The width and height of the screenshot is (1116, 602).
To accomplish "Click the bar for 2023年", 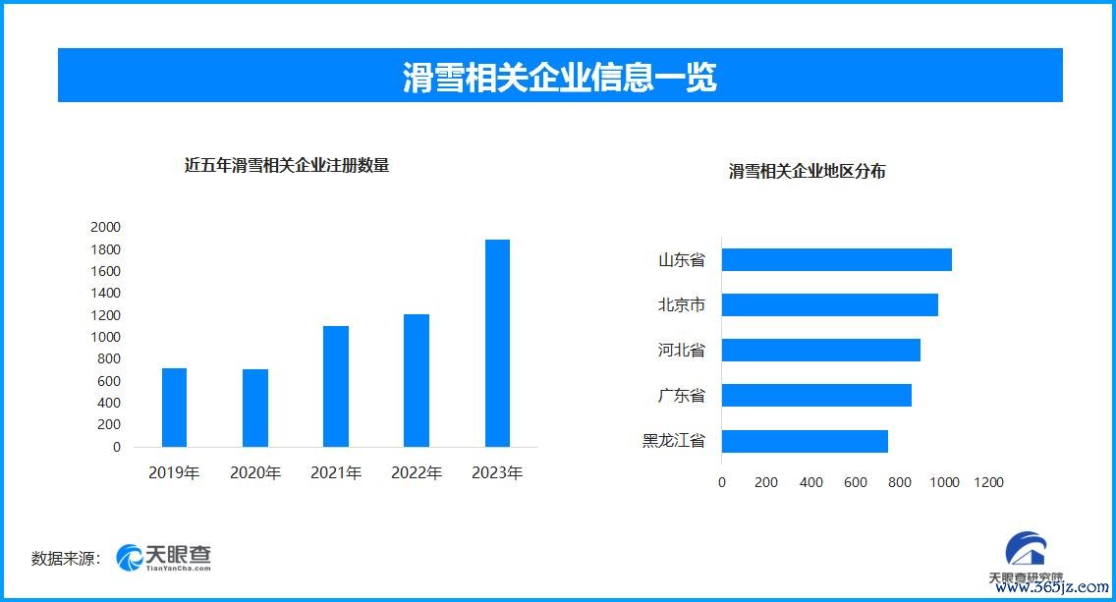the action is (497, 343).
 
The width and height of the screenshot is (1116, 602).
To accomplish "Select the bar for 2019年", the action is (175, 408).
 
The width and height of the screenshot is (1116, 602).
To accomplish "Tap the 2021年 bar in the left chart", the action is (336, 386).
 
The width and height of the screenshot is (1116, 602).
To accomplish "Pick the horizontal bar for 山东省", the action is (836, 259).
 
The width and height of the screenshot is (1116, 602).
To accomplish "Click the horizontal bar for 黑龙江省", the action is (805, 441).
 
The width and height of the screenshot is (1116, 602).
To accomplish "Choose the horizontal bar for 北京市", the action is (830, 305).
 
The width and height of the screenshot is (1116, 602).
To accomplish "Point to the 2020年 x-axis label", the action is (255, 472).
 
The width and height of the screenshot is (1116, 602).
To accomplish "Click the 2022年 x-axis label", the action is (417, 472).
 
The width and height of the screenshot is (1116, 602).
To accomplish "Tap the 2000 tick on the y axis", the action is (105, 227).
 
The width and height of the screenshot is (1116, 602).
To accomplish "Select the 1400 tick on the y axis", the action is (105, 293).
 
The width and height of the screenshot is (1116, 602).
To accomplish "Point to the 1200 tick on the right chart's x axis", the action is (988, 482).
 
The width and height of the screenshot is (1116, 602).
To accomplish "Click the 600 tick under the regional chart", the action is (855, 482).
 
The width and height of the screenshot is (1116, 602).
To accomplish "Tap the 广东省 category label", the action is (681, 396).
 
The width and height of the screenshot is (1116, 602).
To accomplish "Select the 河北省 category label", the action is (681, 350).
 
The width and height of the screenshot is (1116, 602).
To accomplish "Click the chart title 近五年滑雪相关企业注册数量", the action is (287, 166).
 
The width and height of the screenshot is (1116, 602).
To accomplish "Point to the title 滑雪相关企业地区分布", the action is (808, 172).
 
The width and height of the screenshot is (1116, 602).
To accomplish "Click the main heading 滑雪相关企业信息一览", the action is (559, 77).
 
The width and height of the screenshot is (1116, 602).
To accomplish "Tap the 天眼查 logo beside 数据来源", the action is (164, 558).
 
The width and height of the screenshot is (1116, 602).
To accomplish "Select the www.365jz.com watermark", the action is (1052, 587).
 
